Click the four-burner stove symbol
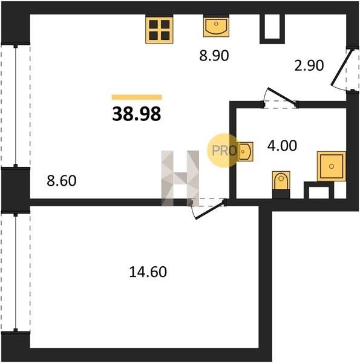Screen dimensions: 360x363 point(159,29)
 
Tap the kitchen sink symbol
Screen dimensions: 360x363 point(216,25)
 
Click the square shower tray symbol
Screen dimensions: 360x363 point(332,166)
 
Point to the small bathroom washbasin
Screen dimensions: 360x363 point(245,152)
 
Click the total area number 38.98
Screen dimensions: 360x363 point(137,114)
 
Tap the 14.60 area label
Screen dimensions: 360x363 point(148,272)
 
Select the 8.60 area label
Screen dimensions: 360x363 point(62,181)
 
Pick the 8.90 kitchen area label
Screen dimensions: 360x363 point(214,56)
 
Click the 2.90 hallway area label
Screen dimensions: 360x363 point(309,65)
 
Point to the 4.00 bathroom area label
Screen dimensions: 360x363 point(282,146)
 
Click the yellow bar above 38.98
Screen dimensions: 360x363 point(137,97)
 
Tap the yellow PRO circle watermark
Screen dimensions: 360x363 point(223,151)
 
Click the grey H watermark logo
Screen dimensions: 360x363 point(180,178)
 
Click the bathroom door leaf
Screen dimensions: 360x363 point(282,97)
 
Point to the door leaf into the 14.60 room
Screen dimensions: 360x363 point(210,210)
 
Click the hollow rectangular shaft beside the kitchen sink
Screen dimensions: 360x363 point(272,29)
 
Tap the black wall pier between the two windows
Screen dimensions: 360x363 point(16,190)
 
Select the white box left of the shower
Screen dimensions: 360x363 point(319,192)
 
